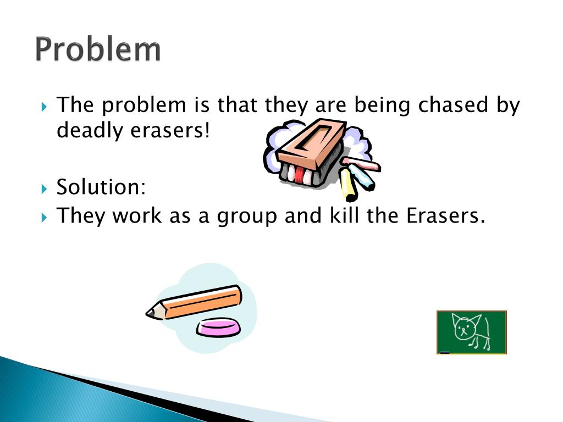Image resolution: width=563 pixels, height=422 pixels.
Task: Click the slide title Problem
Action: coord(98,51)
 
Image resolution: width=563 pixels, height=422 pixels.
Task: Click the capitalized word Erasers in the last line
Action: coord(445,215)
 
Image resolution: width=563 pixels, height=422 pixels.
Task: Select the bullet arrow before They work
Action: coord(45,217)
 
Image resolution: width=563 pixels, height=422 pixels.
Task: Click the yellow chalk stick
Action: coord(347,185)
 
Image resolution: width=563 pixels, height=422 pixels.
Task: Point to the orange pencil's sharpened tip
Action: coord(151,313)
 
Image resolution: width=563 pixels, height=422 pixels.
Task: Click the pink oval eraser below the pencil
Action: coord(219,328)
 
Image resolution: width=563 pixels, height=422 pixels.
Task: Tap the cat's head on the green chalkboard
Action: coord(463,328)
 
